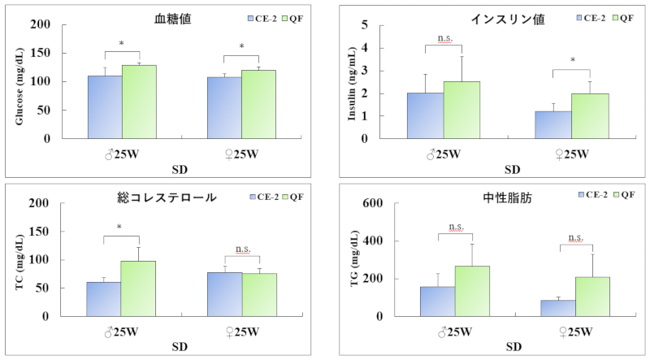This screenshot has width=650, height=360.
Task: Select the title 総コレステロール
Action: [176, 197]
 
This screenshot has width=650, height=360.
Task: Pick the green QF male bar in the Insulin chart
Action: [461, 110]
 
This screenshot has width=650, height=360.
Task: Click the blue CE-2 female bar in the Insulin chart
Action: [553, 124]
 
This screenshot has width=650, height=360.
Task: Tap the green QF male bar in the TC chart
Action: [138, 288]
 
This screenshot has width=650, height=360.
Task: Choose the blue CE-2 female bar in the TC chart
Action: [224, 294]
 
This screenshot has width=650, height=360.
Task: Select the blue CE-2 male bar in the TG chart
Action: [437, 301]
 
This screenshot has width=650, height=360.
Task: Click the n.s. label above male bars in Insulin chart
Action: [444, 38]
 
